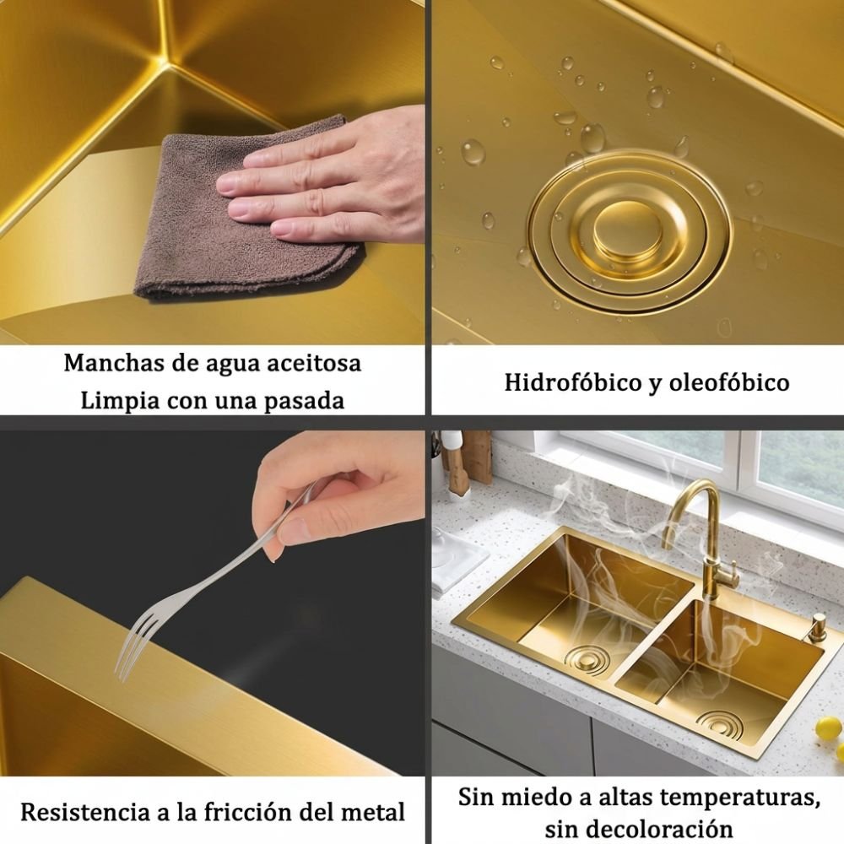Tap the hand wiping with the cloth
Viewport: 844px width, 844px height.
(x=323, y=177)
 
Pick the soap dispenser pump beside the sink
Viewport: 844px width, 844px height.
(x=816, y=627)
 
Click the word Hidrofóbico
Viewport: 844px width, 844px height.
(x=571, y=382)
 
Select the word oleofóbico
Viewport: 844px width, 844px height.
(x=729, y=382)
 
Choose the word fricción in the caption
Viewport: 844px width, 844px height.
(x=247, y=812)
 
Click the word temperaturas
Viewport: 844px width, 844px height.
(x=736, y=797)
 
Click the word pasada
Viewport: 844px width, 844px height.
(x=306, y=402)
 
